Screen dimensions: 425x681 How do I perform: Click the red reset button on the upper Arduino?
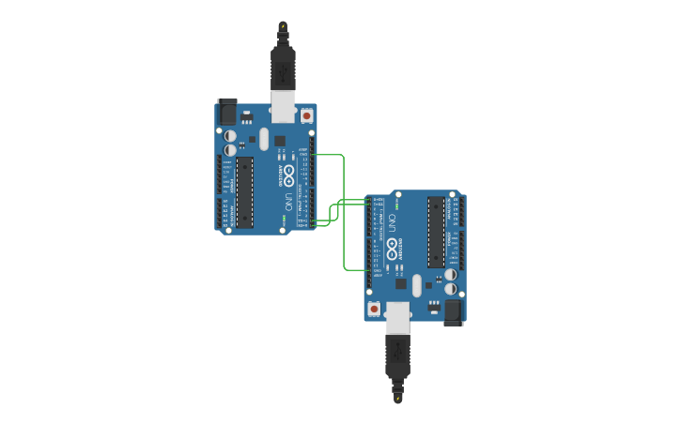click(306, 115)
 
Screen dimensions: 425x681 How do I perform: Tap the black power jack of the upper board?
click(227, 113)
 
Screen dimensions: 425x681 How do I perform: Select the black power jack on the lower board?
click(454, 311)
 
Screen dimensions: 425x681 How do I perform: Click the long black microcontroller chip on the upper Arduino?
click(245, 192)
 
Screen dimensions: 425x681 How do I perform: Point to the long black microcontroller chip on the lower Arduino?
click(436, 232)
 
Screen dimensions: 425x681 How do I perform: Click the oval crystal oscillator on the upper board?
click(264, 139)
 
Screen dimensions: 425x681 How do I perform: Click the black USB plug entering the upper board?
click(283, 66)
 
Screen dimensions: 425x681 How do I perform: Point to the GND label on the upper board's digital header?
click(303, 155)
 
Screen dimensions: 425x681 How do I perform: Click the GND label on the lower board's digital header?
click(378, 269)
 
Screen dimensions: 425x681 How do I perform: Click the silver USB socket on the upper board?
click(283, 105)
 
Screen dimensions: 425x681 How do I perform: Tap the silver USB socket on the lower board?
click(398, 318)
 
